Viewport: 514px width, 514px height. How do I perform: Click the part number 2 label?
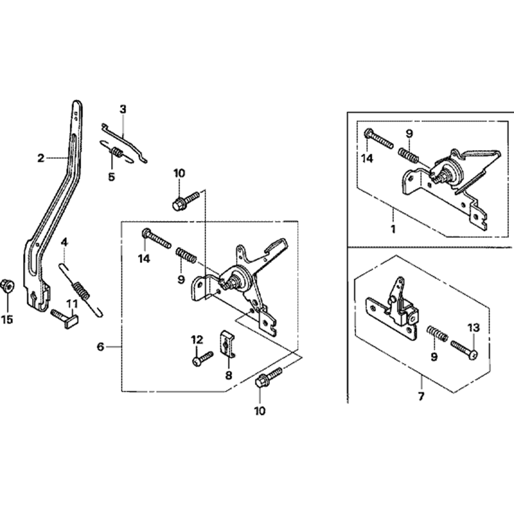(x=41, y=158)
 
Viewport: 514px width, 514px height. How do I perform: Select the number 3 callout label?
(x=123, y=109)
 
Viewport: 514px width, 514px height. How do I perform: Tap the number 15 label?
(x=7, y=319)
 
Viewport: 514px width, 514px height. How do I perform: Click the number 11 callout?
(x=72, y=304)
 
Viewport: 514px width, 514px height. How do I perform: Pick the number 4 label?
(x=64, y=243)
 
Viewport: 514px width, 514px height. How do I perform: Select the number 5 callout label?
(x=112, y=177)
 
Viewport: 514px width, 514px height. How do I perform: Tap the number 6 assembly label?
(x=101, y=346)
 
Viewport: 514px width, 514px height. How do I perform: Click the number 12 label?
(x=197, y=340)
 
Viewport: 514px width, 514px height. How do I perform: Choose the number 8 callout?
(x=229, y=375)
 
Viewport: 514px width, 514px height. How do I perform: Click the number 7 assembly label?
(x=421, y=396)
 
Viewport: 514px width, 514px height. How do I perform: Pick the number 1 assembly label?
(x=393, y=229)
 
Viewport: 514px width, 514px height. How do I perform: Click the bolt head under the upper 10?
(x=178, y=205)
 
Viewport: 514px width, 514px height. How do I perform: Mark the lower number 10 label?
(x=260, y=411)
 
